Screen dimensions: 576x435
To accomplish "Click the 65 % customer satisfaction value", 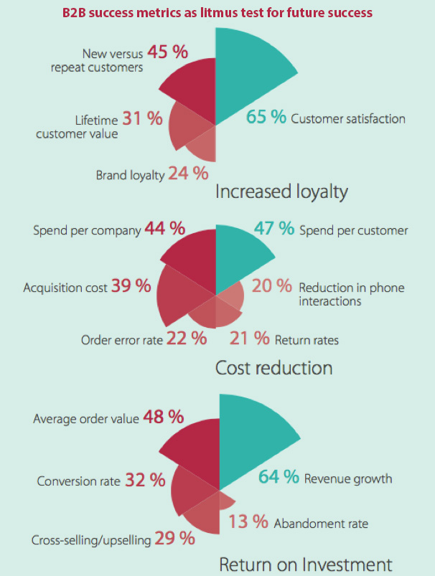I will click(266, 117).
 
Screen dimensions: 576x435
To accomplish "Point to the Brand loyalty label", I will click(130, 175).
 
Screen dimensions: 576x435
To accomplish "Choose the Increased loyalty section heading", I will click(281, 192).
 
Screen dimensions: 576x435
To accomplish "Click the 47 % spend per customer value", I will click(273, 229).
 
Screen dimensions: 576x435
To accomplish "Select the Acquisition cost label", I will click(65, 288).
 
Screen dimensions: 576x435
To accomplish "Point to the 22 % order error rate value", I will click(187, 338).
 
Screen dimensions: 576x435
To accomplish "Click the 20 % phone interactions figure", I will click(273, 287).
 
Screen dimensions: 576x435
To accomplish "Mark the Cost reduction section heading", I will click(273, 368).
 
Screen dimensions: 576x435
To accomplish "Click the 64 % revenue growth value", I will click(279, 477).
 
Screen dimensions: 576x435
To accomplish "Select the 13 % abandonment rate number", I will click(248, 522).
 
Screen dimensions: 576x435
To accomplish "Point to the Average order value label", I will click(85, 417).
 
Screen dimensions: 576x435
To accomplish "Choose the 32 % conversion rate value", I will click(146, 479).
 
